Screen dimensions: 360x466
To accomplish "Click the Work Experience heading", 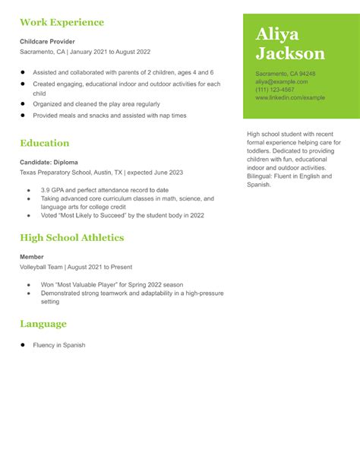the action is click(62, 22).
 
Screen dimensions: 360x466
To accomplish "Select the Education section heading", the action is click(44, 143).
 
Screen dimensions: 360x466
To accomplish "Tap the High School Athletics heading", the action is click(71, 237).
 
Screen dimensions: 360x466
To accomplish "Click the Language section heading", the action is click(43, 324).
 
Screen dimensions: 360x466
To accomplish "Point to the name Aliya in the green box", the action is click(277, 33).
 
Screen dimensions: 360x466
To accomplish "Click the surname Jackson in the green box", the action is click(290, 53).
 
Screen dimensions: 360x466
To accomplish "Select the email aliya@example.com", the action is click(281, 81).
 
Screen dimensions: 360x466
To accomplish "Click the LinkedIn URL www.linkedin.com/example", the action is click(289, 98).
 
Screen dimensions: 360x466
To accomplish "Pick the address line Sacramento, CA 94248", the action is click(285, 74).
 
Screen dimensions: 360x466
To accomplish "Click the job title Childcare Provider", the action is click(47, 41).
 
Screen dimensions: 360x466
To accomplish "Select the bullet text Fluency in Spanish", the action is click(58, 345).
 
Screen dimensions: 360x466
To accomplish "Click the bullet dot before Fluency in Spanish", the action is click(24, 345).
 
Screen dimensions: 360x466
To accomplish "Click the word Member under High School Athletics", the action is click(32, 257).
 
